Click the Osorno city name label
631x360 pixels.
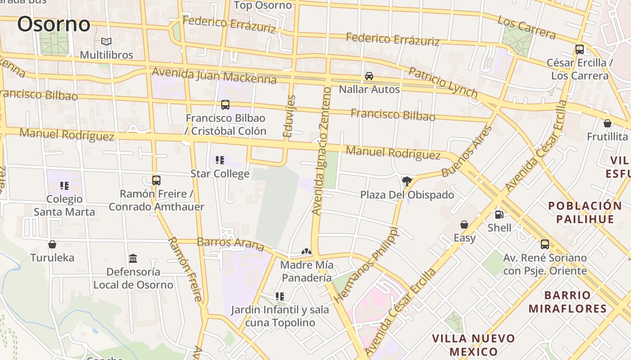(54, 24)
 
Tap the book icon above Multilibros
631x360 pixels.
(106, 42)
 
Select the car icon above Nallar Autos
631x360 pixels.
(369, 76)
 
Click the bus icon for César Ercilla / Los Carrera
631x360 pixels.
(580, 49)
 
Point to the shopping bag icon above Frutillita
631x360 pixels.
(608, 123)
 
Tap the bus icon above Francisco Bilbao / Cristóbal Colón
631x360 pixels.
(225, 105)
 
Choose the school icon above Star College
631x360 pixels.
(220, 160)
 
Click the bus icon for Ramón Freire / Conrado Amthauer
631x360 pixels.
(156, 180)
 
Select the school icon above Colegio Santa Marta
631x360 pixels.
(64, 185)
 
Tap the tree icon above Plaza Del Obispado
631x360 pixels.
(407, 181)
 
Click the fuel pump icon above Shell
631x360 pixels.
(499, 215)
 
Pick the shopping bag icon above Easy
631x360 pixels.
(464, 224)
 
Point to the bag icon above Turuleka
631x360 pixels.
(52, 244)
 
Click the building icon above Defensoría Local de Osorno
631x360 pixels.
(133, 259)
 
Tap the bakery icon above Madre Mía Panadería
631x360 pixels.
(306, 252)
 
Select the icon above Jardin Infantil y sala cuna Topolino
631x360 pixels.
(280, 297)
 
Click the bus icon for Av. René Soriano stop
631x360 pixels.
(545, 244)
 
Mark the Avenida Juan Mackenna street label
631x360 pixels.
(214, 76)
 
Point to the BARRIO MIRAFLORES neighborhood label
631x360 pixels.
(567, 302)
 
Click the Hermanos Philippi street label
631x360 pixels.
(366, 265)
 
